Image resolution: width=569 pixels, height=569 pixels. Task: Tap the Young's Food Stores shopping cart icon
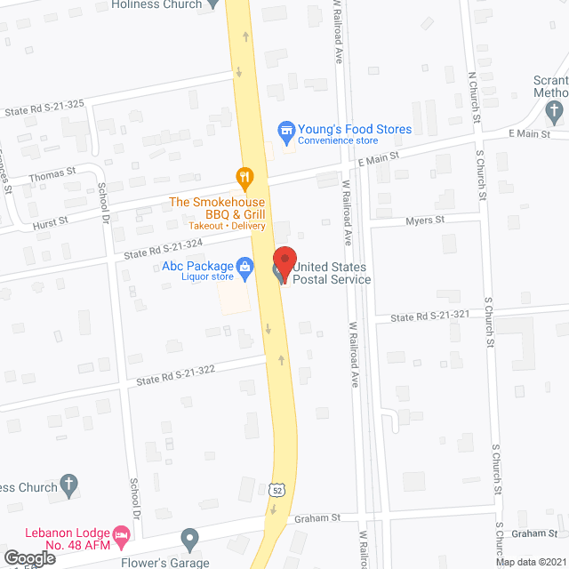click(x=286, y=130)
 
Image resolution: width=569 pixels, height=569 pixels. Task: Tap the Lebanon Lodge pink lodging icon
click(x=123, y=534)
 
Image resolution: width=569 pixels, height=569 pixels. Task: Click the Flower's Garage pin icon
click(x=188, y=539)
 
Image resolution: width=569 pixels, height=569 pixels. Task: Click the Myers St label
click(x=424, y=220)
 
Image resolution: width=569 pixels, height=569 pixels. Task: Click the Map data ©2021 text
click(x=530, y=561)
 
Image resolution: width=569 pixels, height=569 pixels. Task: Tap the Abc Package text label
click(x=196, y=266)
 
